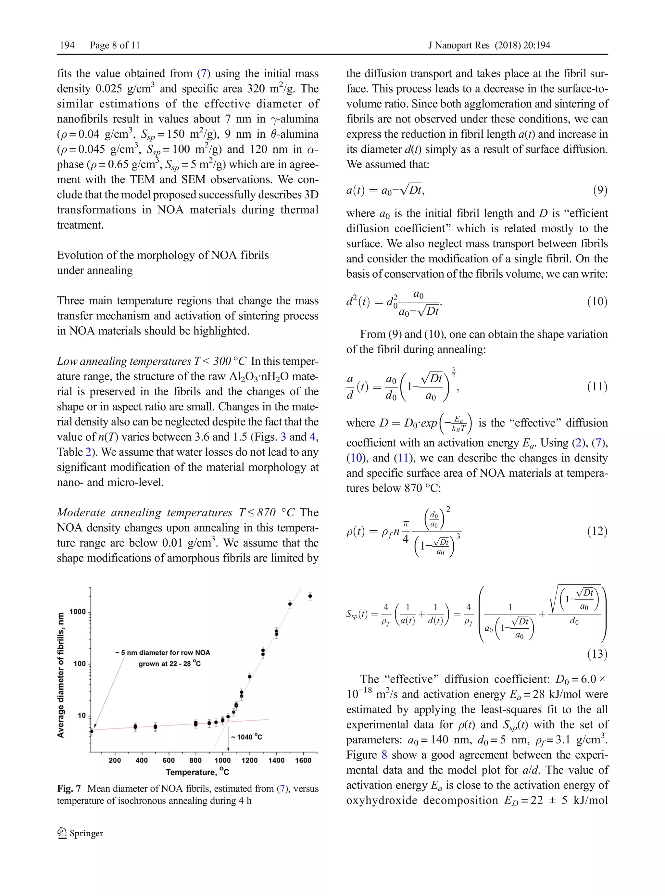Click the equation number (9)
pyautogui.click(x=600, y=190)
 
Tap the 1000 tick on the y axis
pyautogui.click(x=77, y=612)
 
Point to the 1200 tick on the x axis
pyautogui.click(x=249, y=760)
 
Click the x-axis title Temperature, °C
pyautogui.click(x=197, y=772)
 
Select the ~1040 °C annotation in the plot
pyautogui.click(x=246, y=737)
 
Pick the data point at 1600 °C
pyautogui.click(x=310, y=596)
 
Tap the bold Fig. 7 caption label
pyautogui.click(x=69, y=789)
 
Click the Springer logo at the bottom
pyautogui.click(x=80, y=833)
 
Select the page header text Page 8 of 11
pyautogui.click(x=115, y=45)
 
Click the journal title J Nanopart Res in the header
pyautogui.click(x=458, y=45)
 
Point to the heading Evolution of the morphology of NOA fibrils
pyautogui.click(x=163, y=255)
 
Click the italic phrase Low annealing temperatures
pyautogui.click(x=124, y=361)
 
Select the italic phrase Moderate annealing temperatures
pyautogui.click(x=144, y=512)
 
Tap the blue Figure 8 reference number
pyautogui.click(x=384, y=755)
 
